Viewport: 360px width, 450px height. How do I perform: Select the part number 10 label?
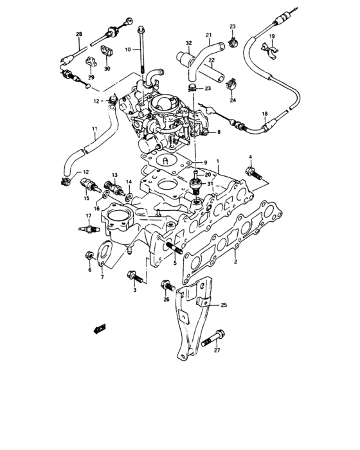[129, 49]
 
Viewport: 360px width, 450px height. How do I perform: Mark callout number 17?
[80, 216]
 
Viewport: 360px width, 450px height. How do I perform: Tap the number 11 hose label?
[94, 136]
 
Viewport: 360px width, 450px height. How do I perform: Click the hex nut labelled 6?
[89, 257]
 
